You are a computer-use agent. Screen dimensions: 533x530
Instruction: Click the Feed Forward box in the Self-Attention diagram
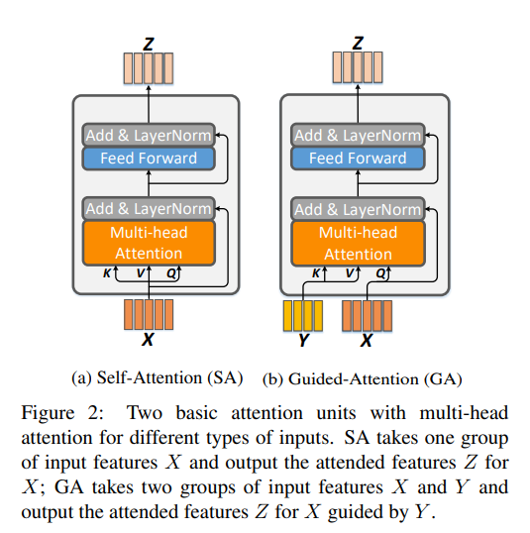click(x=149, y=159)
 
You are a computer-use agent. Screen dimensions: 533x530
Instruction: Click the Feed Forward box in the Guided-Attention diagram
click(x=357, y=159)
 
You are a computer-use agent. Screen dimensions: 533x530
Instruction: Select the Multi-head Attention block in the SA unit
click(x=149, y=243)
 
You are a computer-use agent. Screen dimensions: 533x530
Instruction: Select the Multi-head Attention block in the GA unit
click(x=357, y=243)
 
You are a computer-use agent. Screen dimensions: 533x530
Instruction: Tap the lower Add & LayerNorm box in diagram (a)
click(x=149, y=209)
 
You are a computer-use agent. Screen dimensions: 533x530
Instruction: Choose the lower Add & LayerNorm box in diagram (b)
click(x=357, y=209)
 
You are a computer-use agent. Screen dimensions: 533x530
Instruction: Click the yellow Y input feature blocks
click(x=303, y=315)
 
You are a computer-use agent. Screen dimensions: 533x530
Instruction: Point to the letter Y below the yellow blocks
click(x=303, y=341)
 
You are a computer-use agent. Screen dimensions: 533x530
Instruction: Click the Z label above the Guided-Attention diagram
click(x=358, y=43)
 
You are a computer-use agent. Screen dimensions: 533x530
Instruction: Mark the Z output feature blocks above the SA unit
click(x=148, y=67)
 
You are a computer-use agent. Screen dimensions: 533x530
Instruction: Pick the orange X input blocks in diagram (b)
click(x=366, y=315)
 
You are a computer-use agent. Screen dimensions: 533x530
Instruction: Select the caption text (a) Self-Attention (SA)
click(x=158, y=377)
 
